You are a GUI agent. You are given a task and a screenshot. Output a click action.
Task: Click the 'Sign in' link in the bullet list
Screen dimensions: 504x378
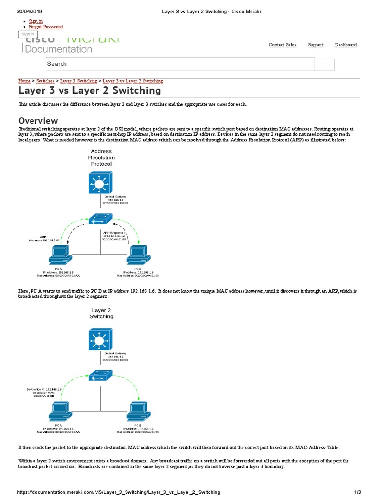click(x=36, y=21)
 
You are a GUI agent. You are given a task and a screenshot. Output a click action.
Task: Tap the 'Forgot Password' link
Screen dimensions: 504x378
click(x=46, y=27)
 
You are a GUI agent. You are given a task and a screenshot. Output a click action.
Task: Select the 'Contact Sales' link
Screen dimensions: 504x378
click(x=283, y=45)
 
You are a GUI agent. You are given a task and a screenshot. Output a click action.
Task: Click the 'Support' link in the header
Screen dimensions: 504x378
click(x=315, y=45)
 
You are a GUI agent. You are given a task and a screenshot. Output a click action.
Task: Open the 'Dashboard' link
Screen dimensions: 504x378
click(x=346, y=45)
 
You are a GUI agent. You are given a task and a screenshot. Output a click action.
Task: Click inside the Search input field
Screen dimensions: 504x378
click(x=180, y=64)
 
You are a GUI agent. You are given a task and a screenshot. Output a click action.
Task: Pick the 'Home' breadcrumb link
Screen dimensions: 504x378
click(x=24, y=81)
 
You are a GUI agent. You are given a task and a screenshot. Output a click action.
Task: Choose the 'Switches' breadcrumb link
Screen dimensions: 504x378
click(x=45, y=81)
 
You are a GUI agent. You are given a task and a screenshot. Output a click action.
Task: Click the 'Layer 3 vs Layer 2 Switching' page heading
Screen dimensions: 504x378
click(x=90, y=91)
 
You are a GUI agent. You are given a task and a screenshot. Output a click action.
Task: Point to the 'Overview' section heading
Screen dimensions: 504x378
click(x=38, y=121)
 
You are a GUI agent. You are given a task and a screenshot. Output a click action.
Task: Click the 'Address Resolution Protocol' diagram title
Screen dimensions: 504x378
click(x=101, y=157)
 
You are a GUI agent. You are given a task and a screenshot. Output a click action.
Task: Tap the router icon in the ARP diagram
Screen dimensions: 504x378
click(x=101, y=185)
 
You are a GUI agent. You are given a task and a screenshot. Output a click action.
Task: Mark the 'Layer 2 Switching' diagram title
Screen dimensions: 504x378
click(x=101, y=314)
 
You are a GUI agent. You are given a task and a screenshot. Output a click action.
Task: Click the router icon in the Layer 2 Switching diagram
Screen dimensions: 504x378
click(x=101, y=340)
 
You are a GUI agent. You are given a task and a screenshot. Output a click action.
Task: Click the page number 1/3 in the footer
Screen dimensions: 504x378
click(x=358, y=492)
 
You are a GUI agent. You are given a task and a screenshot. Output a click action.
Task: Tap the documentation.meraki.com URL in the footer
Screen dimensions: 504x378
click(x=118, y=492)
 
